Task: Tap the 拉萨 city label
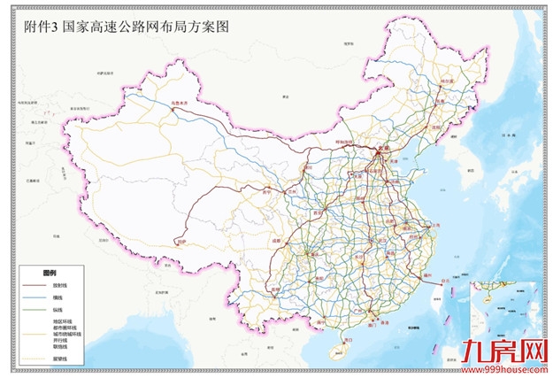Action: click(182, 241)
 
